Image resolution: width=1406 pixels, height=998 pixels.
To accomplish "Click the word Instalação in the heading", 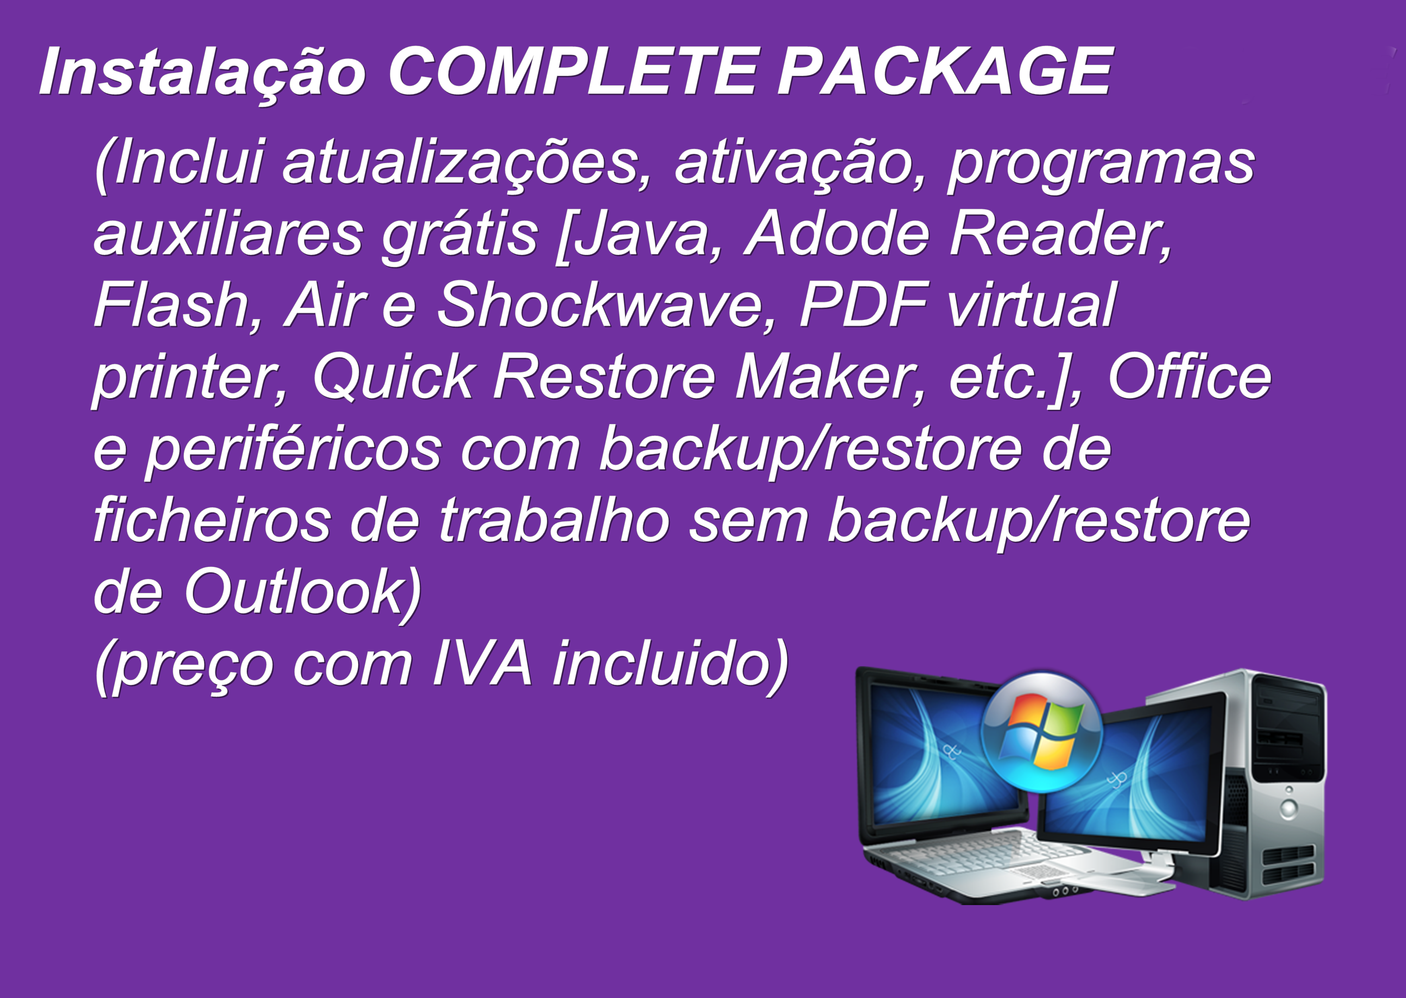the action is (x=203, y=72).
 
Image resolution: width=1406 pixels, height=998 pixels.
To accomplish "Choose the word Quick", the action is (x=393, y=377).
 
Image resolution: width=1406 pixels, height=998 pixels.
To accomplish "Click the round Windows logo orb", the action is (x=1042, y=731).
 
